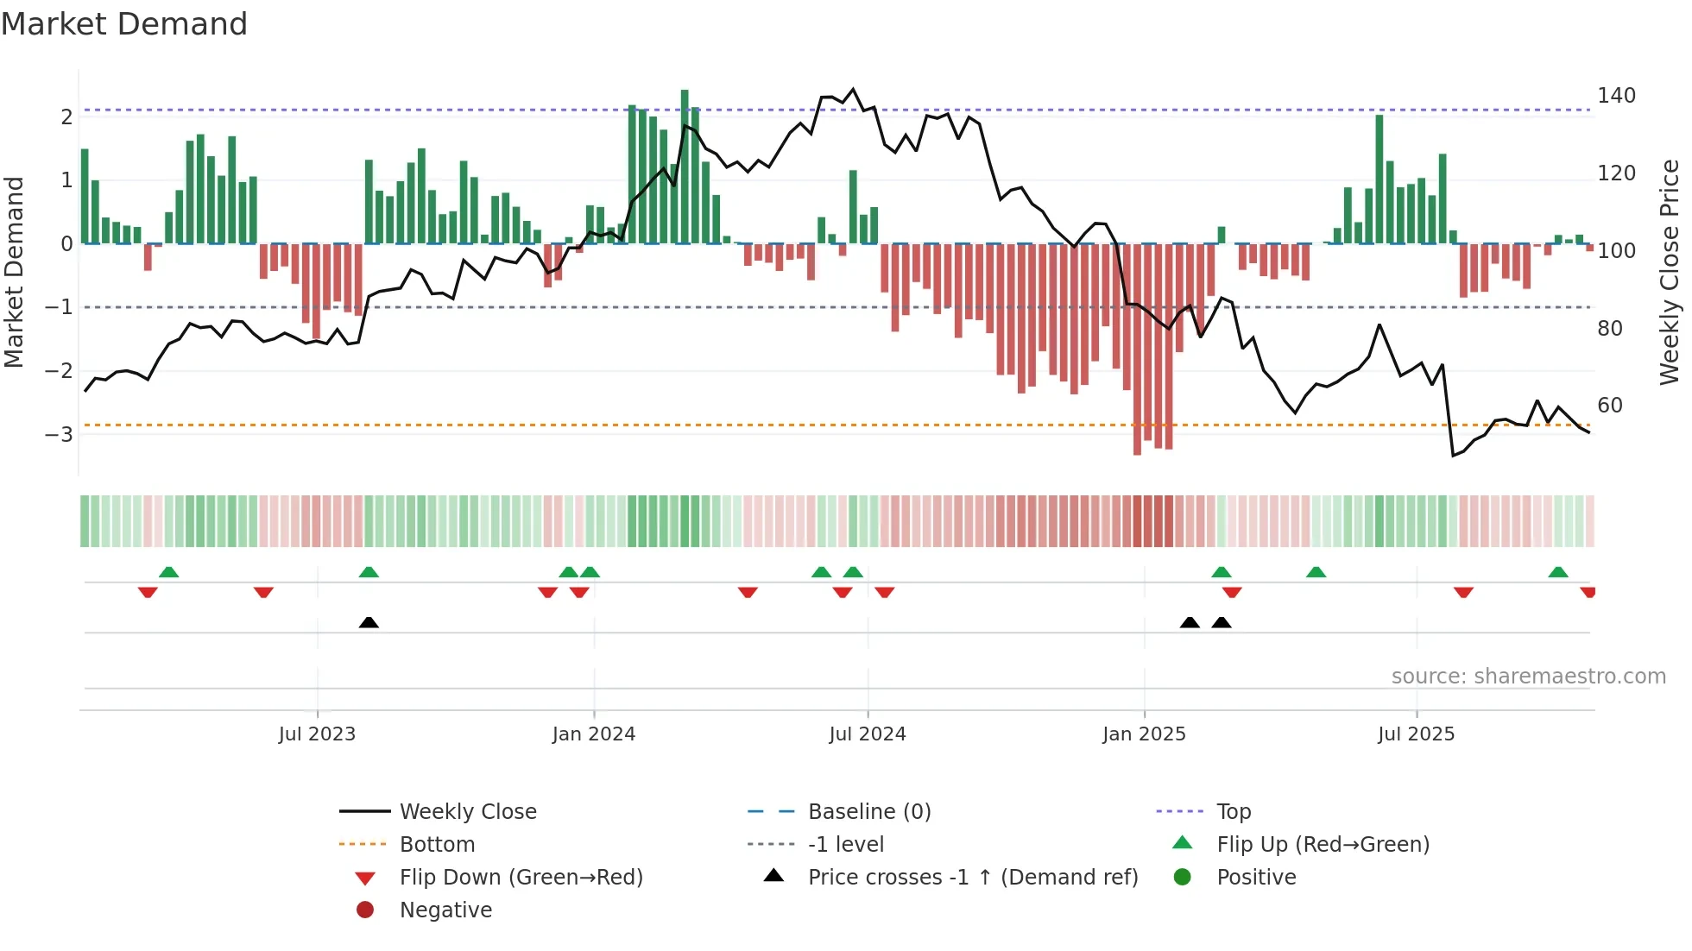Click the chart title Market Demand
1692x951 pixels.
[124, 24]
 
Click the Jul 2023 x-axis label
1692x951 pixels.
[317, 734]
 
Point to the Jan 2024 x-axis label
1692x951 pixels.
[594, 734]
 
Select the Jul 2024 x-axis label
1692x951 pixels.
[868, 734]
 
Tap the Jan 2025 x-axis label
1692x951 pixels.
[1144, 734]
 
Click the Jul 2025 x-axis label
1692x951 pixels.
[1416, 734]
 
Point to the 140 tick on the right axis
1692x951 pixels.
[1616, 96]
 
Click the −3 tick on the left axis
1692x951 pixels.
[60, 434]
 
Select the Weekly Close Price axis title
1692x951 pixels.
[1670, 272]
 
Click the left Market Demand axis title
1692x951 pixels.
[15, 272]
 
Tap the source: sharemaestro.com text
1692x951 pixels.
[1528, 677]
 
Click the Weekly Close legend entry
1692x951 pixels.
[467, 812]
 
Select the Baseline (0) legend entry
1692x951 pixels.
[868, 812]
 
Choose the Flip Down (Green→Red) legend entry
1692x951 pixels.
[521, 878]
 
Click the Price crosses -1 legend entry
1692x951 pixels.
[972, 878]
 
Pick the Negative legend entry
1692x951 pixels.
[445, 910]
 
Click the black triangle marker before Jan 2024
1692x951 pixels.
[369, 622]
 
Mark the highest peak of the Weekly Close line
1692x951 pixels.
[853, 89]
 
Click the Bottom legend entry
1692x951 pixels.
[437, 845]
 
